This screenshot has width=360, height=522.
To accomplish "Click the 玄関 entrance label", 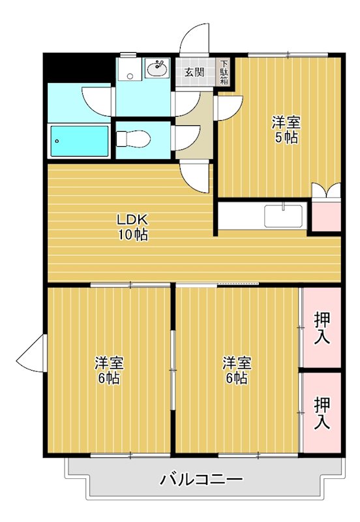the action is pyautogui.click(x=194, y=72).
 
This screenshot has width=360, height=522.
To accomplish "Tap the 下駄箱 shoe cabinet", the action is pyautogui.click(x=224, y=72).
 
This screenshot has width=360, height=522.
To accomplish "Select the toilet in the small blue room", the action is pyautogui.click(x=134, y=138).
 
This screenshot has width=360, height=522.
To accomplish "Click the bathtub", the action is pyautogui.click(x=79, y=141).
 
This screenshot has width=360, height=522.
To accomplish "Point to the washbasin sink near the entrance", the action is pyautogui.click(x=157, y=69).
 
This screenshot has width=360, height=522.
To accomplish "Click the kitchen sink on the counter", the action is pyautogui.click(x=284, y=216).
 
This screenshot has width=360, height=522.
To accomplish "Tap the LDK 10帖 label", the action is pyautogui.click(x=132, y=227).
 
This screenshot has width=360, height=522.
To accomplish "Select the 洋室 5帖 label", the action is pyautogui.click(x=286, y=130).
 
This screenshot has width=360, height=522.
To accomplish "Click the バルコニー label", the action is pyautogui.click(x=202, y=480).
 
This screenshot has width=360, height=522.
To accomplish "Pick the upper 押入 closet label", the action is pyautogui.click(x=322, y=328).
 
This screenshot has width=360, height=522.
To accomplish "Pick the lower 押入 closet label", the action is pyautogui.click(x=322, y=413).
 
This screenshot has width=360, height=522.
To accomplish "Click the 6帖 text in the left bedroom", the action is pyautogui.click(x=109, y=378).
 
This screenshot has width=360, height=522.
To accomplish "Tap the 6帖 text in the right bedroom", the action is pyautogui.click(x=236, y=378).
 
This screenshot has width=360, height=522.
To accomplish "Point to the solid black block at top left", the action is pyautogui.click(x=78, y=68).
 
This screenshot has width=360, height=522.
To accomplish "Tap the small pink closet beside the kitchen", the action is pyautogui.click(x=325, y=217).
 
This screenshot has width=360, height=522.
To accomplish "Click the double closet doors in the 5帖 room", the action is pyautogui.click(x=326, y=191).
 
